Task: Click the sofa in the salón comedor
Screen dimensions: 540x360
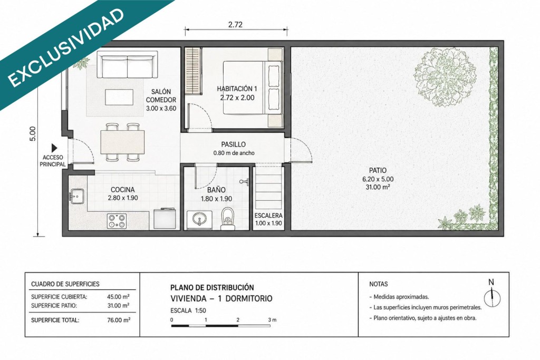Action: tap(127, 65)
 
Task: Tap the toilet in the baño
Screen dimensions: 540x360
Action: tap(228, 219)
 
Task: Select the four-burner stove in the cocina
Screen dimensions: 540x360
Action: tap(117, 221)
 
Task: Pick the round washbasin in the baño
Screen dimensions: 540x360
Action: tap(199, 219)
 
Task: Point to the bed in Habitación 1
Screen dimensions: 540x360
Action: tap(253, 87)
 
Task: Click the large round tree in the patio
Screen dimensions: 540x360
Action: tap(445, 77)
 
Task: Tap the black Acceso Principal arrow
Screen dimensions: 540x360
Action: tap(54, 148)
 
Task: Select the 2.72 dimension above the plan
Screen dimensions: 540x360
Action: tap(235, 24)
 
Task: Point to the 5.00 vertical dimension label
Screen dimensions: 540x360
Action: tap(32, 134)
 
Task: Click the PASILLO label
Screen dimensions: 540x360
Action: tap(234, 144)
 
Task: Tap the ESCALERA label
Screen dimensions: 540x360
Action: tap(268, 216)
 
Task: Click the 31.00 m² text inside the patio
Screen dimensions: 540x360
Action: tap(378, 187)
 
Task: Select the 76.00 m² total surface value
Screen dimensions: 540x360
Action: tap(119, 320)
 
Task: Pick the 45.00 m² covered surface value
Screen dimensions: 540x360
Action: tap(119, 297)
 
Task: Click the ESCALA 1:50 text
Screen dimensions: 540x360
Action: tap(188, 310)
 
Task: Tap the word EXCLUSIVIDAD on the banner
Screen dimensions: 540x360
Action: tap(65, 47)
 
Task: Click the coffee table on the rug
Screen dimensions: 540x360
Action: tap(119, 97)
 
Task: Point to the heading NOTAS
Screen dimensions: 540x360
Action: tap(379, 284)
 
